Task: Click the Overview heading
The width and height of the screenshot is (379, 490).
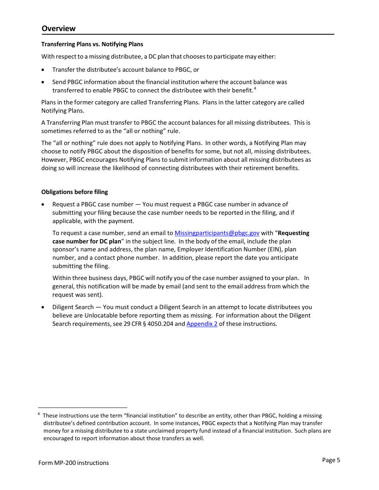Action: point(58,28)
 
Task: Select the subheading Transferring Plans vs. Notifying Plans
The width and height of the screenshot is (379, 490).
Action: point(92,44)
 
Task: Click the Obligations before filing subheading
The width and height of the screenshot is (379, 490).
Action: point(75,192)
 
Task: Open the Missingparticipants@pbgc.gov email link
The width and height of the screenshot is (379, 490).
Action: point(217,233)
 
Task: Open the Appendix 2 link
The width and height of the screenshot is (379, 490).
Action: point(202,324)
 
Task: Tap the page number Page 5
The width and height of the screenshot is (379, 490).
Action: point(331,460)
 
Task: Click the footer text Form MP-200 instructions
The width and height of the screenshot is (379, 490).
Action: point(74,463)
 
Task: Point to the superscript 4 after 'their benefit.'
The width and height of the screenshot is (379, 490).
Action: point(255,88)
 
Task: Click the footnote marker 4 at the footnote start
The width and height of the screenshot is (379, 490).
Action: point(39,414)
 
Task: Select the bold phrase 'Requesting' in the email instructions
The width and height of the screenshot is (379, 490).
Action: point(293,233)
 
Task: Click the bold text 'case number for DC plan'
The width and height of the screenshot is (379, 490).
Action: point(87,241)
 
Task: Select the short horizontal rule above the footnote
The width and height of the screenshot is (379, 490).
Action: point(83,408)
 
